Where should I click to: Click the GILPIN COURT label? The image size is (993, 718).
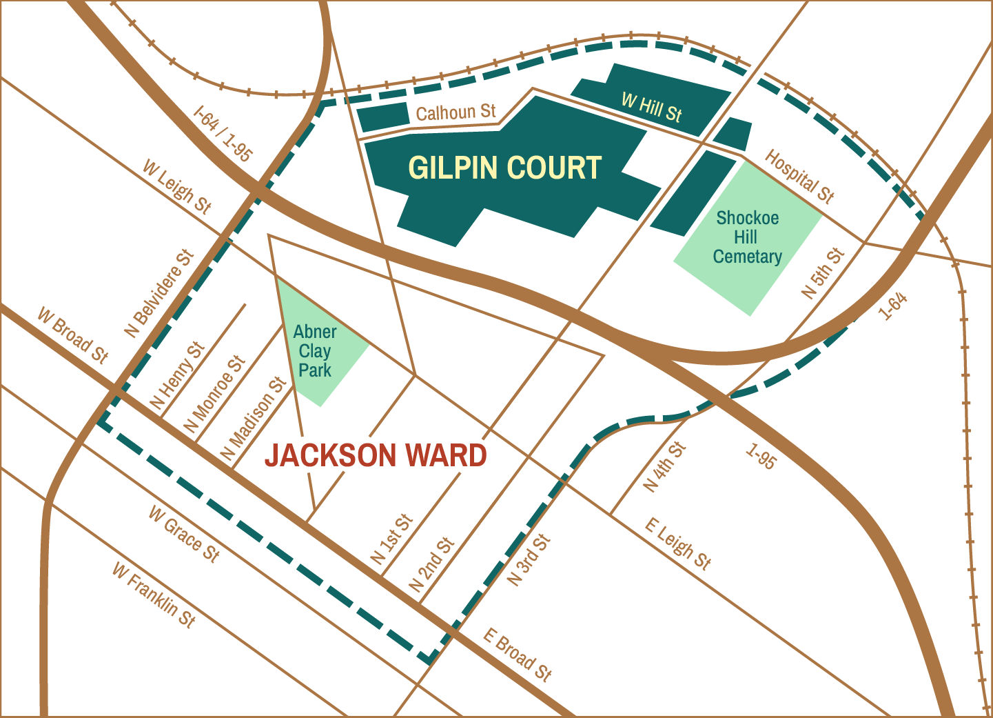coord(505,168)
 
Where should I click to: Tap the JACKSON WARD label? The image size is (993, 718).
coord(376,456)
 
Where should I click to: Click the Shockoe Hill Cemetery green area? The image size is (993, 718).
coord(748,238)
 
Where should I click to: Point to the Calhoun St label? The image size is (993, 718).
coord(455,112)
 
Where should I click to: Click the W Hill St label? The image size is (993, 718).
coord(651,108)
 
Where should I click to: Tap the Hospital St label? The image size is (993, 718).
coord(799,177)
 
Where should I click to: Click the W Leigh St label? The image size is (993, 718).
coord(176,187)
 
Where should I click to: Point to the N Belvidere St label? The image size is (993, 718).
coord(159,293)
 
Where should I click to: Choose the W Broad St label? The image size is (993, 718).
coord(72,335)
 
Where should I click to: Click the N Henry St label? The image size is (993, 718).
coord(178,376)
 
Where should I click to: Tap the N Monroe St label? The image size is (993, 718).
coord(214,395)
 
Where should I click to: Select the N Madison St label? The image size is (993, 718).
coord(253,419)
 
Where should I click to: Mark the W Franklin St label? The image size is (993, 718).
coord(154,595)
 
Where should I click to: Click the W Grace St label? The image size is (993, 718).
coord(184,534)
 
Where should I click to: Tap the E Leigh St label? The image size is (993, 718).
coord(677,544)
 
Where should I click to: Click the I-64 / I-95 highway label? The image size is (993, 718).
coord(222,133)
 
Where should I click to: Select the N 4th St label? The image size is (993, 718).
coord(665,467)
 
